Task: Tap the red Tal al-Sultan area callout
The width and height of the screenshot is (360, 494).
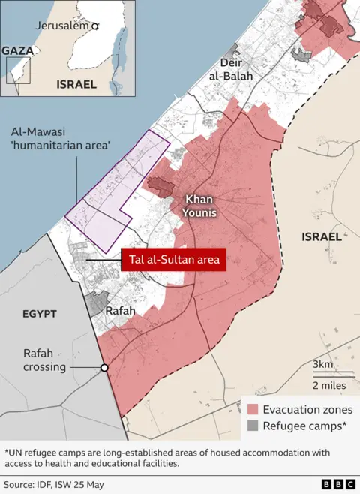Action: pyautogui.click(x=173, y=261)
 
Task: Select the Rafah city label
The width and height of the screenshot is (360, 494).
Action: pyautogui.click(x=120, y=310)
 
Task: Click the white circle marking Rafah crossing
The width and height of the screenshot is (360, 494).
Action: pyautogui.click(x=104, y=368)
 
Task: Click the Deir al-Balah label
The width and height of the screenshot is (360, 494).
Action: pyautogui.click(x=236, y=70)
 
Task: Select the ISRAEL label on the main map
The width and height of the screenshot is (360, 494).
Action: pyautogui.click(x=321, y=236)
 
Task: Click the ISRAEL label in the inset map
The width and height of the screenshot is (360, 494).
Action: pyautogui.click(x=76, y=85)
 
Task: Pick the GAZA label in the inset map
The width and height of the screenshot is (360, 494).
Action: pyautogui.click(x=17, y=50)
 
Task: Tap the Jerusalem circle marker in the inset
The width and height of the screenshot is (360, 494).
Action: pyautogui.click(x=94, y=26)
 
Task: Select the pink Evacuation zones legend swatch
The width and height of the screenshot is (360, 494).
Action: pyautogui.click(x=253, y=409)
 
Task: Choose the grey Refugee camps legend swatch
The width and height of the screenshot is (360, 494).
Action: pyautogui.click(x=253, y=426)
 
